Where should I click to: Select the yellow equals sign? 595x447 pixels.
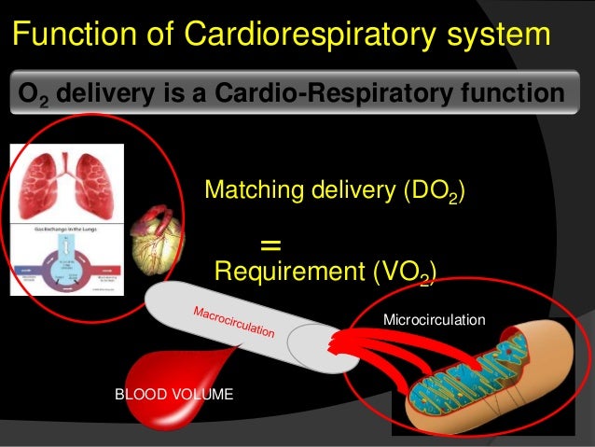pos(270,245)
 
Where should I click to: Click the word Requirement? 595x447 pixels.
pos(280,272)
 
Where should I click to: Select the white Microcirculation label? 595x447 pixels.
pos(435,320)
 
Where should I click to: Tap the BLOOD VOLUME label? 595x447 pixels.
pos(173,395)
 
